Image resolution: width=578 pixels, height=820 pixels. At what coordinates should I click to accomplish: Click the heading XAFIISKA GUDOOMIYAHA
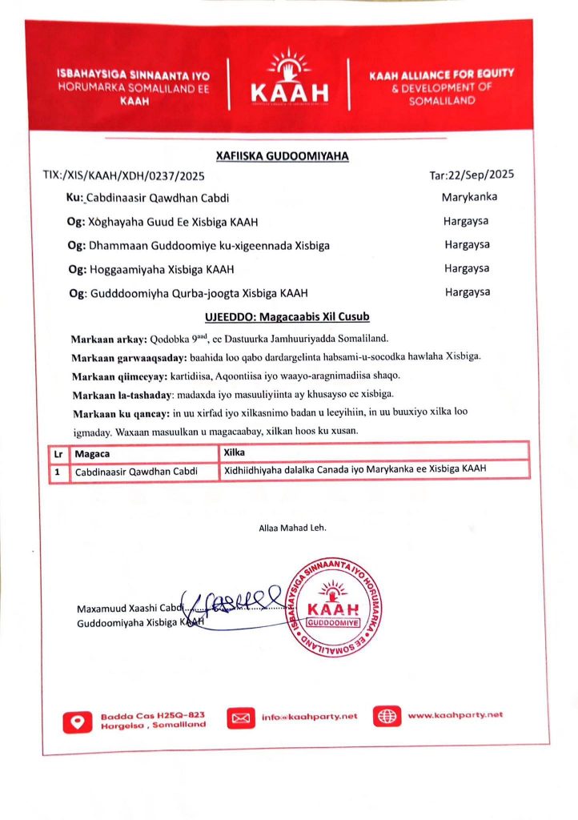[x=283, y=156]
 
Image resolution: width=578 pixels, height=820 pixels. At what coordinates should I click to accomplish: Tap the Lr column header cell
[x=58, y=452]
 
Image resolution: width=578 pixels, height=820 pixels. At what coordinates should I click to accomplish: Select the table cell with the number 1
[x=58, y=471]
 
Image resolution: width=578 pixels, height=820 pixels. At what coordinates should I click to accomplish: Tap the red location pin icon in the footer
[x=78, y=719]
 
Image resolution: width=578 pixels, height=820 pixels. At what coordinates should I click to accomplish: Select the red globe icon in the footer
[x=388, y=716]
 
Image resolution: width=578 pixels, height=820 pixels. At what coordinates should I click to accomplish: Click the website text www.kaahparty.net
[x=456, y=715]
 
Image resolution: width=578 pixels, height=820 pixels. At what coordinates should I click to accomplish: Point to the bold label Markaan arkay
[x=104, y=340]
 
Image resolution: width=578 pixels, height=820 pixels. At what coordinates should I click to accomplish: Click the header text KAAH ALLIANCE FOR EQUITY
[x=441, y=74]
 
